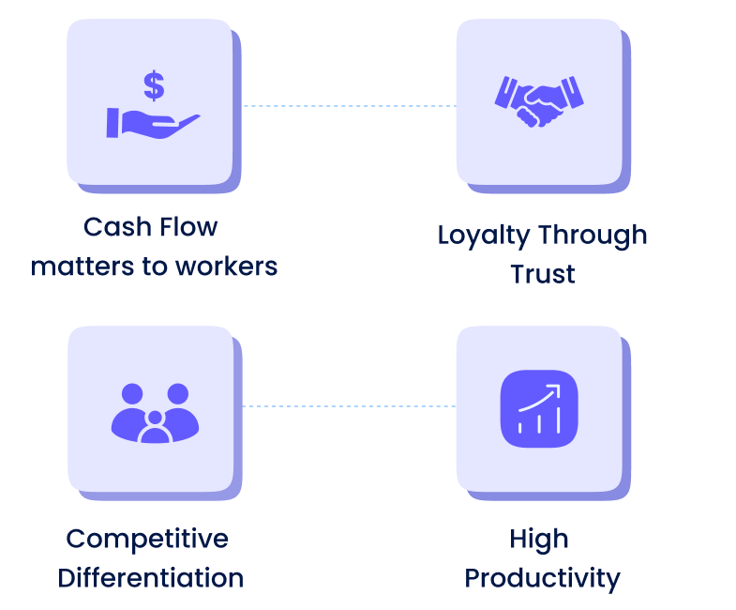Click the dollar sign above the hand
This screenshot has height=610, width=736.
tap(154, 85)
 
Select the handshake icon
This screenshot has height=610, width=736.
tap(539, 100)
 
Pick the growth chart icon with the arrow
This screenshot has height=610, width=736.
tap(539, 409)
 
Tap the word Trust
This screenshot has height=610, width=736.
tap(542, 274)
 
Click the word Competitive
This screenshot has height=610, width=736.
tap(147, 539)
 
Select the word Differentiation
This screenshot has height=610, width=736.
tap(150, 577)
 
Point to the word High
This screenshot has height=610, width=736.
tap(539, 539)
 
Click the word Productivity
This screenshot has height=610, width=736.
tap(542, 577)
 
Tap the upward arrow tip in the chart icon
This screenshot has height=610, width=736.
tap(556, 388)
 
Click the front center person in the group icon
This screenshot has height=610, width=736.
tap(155, 427)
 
